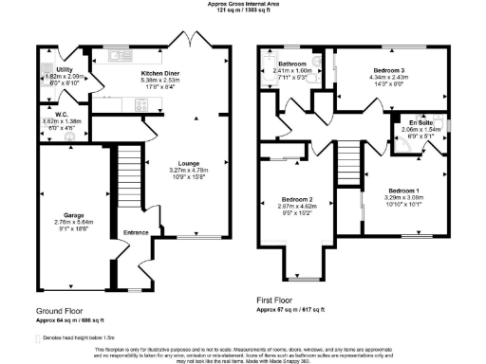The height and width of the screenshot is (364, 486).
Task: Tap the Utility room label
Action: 65,70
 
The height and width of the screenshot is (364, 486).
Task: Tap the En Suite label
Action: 419,123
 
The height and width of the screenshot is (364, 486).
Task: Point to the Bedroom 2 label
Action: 298,200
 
